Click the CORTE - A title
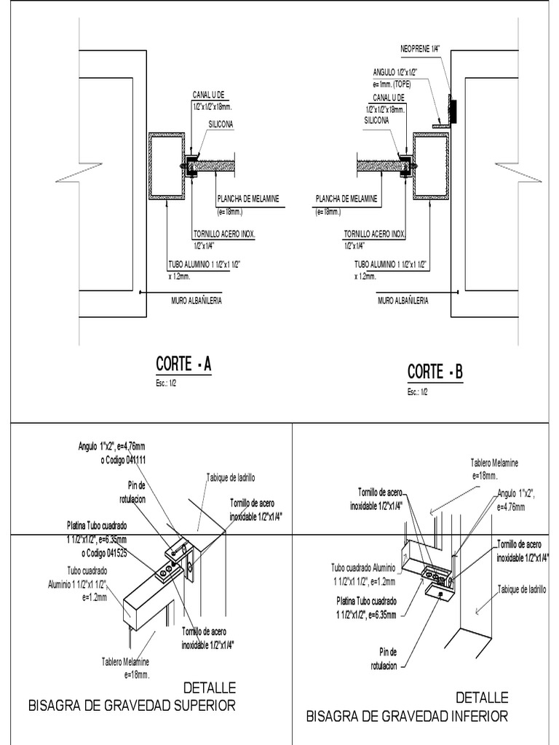tap(183, 364)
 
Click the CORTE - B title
tap(435, 372)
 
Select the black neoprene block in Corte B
tap(452, 110)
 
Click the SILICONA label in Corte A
tap(221, 124)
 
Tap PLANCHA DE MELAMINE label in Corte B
tap(346, 198)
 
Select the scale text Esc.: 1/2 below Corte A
tap(166, 383)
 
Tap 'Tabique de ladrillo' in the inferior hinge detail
tap(523, 589)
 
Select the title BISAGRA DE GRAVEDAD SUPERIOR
tap(132, 705)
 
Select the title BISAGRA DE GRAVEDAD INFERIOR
tap(407, 717)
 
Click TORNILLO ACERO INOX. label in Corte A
tap(227, 234)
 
